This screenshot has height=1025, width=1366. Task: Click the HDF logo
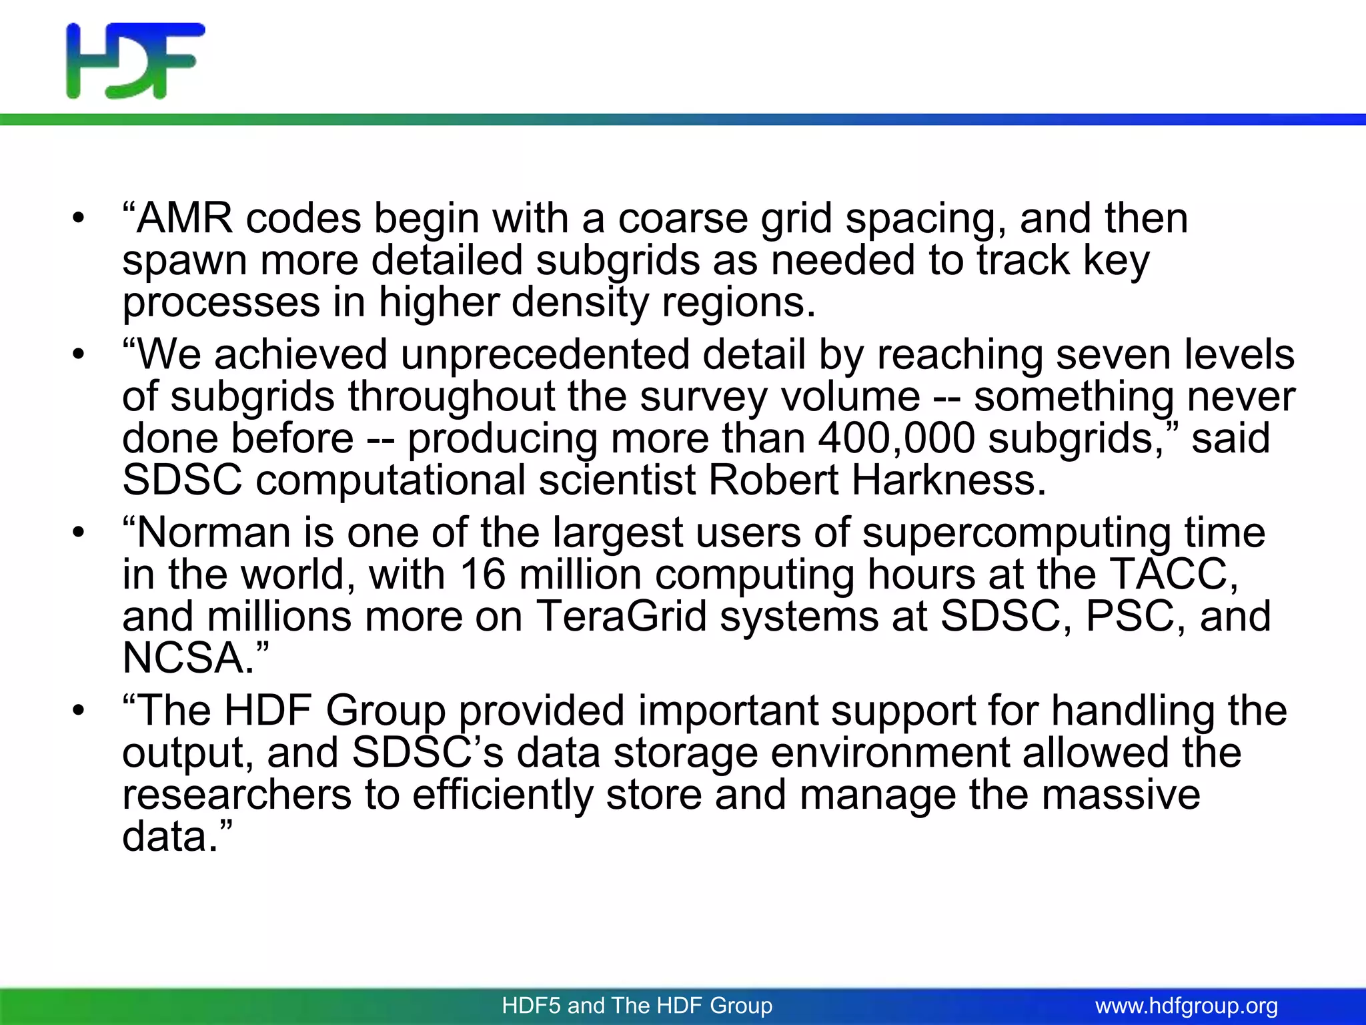tap(135, 61)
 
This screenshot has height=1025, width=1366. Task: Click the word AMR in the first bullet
tap(185, 219)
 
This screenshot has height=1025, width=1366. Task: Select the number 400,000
tap(896, 439)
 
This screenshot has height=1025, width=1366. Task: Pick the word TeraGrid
tap(621, 616)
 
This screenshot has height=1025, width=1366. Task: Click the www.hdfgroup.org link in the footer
tap(1186, 1006)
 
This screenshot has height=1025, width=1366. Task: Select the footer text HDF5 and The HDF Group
tap(637, 1006)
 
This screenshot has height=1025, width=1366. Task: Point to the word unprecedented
tap(545, 355)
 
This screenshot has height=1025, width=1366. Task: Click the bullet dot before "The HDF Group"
tap(79, 711)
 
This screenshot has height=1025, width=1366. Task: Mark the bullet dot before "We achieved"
tap(79, 355)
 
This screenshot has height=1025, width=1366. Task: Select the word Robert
tap(773, 480)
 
